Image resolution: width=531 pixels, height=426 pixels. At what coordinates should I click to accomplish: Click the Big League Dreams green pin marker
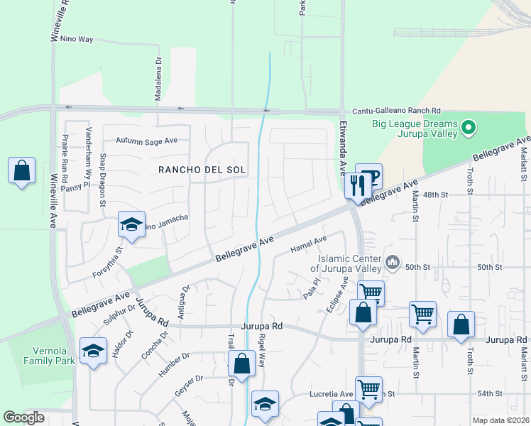[468, 129]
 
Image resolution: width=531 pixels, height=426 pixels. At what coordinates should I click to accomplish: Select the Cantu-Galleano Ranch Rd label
[397, 111]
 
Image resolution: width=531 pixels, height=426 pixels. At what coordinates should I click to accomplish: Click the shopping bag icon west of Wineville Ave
[22, 171]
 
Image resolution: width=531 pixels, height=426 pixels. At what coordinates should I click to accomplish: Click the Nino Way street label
[77, 39]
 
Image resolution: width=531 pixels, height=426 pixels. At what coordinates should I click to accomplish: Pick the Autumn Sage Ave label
[146, 141]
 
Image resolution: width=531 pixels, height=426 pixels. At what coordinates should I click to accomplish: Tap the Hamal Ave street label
[308, 245]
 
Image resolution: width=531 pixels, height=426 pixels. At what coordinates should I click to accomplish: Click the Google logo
[23, 417]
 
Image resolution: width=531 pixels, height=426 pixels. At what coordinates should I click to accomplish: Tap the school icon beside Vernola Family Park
[93, 351]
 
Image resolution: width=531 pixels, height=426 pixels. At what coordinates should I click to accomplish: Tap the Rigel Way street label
[261, 351]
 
